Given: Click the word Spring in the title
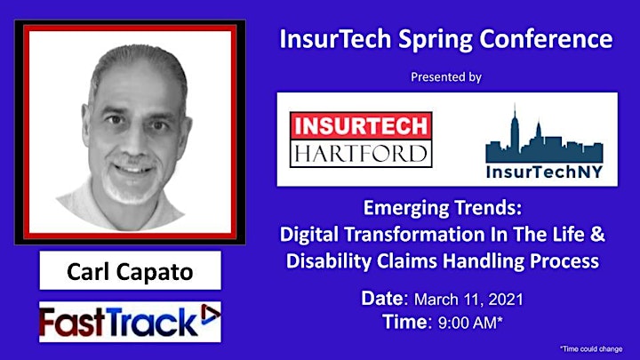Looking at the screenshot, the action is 435,40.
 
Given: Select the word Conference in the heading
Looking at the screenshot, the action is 546,38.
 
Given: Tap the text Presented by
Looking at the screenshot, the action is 446,76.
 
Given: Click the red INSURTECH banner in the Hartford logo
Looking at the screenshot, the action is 361,125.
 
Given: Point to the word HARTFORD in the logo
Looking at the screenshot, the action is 361,154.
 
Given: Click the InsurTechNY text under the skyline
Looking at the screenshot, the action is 545,172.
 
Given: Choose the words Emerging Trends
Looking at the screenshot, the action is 443,208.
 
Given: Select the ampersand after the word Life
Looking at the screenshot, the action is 597,235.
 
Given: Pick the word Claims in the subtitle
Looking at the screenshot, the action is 407,260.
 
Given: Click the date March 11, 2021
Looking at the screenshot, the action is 468,300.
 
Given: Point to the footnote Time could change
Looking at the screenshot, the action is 591,348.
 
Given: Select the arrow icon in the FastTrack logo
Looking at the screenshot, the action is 210,315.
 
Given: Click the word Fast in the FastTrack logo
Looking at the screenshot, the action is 72,322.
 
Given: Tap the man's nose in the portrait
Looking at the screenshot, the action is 133,140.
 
